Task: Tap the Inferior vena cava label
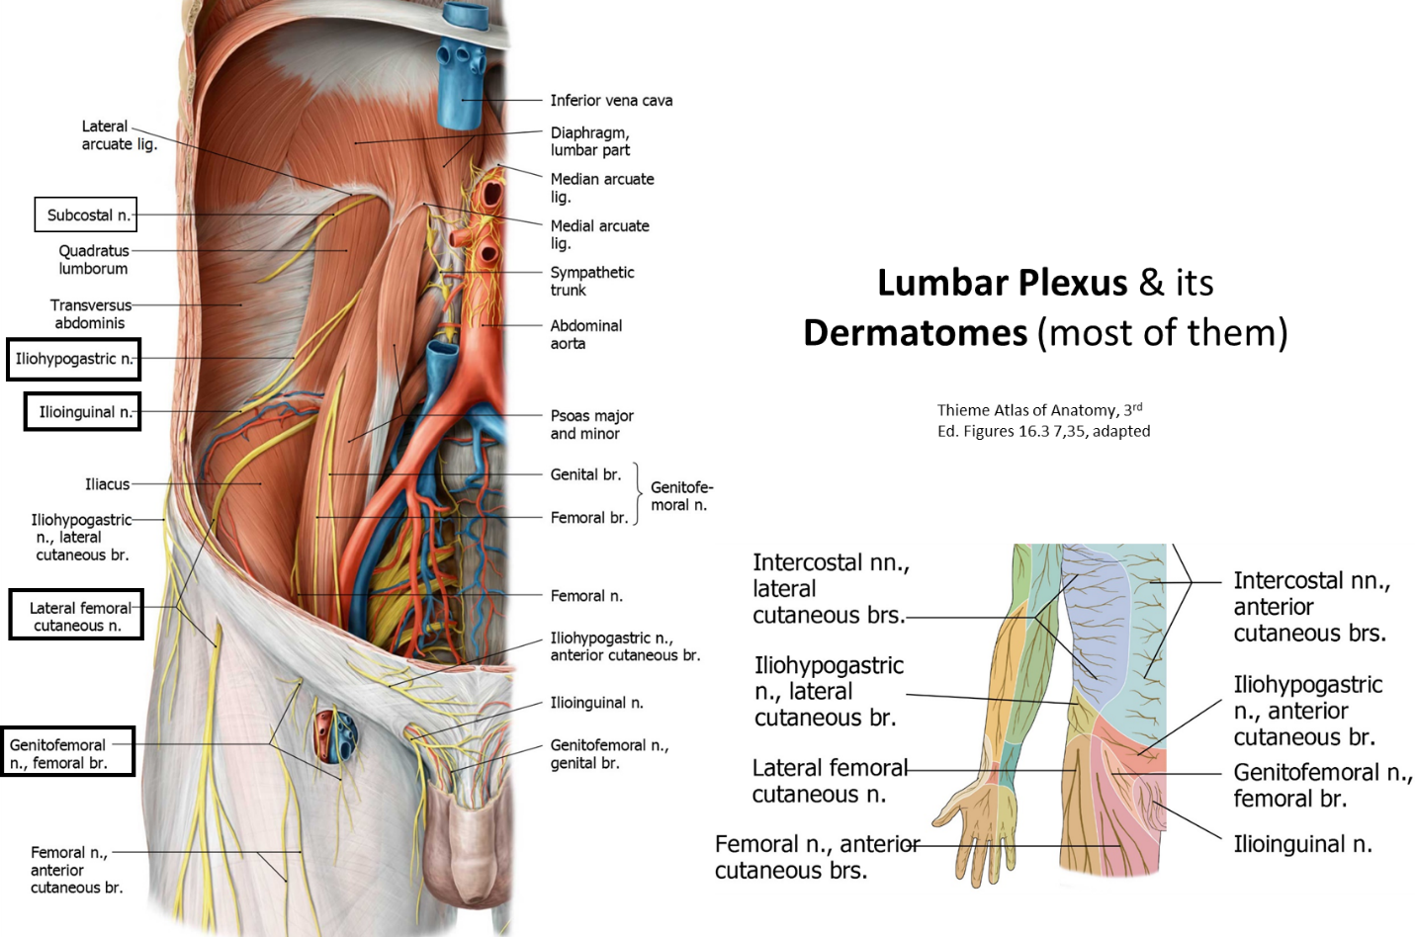(x=611, y=101)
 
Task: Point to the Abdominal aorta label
(x=586, y=335)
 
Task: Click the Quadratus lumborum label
(x=94, y=260)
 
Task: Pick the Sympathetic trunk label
(x=592, y=281)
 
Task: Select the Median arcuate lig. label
(x=602, y=188)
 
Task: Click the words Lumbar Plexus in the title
(x=1003, y=283)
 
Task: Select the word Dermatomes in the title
(x=916, y=333)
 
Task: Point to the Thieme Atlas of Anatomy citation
(x=1043, y=420)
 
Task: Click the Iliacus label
(x=108, y=484)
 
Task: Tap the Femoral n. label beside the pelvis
(x=586, y=595)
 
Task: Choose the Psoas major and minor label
(x=592, y=424)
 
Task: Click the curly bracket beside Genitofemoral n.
(x=639, y=494)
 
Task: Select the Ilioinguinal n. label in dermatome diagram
(x=1302, y=844)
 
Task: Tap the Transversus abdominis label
(x=91, y=313)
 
